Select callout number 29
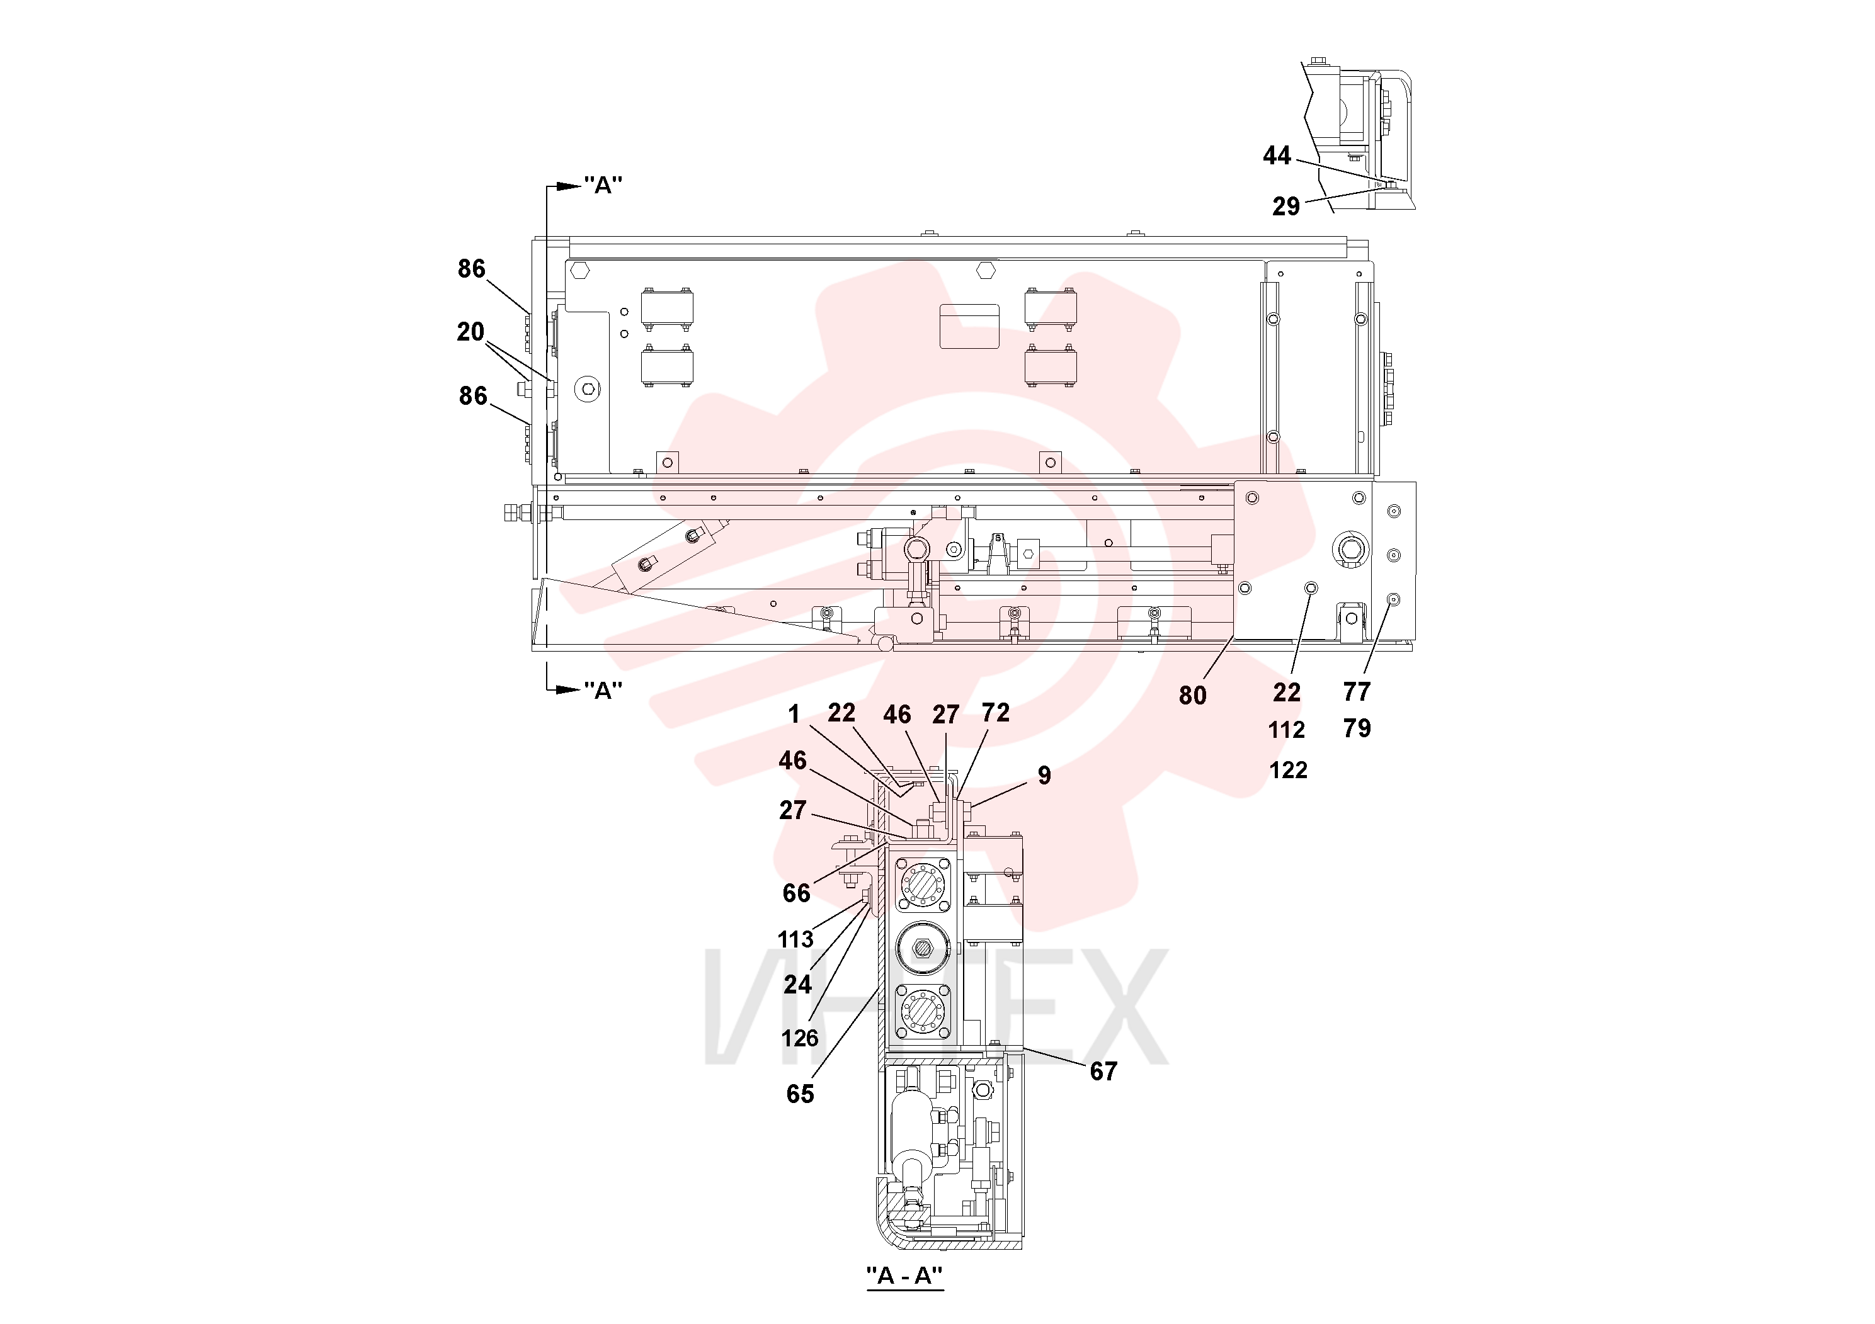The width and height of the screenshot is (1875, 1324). click(x=1285, y=207)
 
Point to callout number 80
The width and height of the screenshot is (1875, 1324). click(x=1192, y=696)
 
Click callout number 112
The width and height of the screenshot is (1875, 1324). click(x=1286, y=730)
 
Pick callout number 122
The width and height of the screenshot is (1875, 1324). click(x=1288, y=770)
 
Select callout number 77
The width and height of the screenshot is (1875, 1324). click(x=1357, y=692)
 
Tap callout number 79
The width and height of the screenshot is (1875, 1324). click(x=1357, y=728)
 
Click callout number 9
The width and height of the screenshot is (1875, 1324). click(x=1044, y=776)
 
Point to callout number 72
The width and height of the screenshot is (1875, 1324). click(x=996, y=713)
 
